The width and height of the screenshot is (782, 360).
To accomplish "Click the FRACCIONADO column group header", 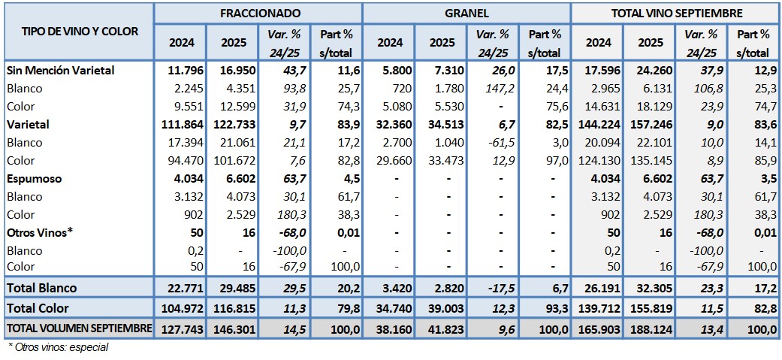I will tap(259, 14).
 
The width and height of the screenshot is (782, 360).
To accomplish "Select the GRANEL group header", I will tap(466, 14).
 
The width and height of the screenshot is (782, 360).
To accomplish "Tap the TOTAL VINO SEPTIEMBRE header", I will tap(676, 14).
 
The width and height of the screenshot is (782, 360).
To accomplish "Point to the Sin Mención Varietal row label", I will tap(60, 70).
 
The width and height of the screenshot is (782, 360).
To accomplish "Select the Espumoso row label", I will tap(35, 179).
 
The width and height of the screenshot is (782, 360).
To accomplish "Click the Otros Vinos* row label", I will tap(39, 232).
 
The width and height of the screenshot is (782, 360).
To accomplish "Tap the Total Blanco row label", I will tap(41, 288).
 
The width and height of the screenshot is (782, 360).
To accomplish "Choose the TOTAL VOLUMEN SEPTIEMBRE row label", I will tap(79, 328).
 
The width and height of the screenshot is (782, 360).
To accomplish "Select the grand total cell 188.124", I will tap(651, 328).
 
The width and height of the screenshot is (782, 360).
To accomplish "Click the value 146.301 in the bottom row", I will tap(237, 328).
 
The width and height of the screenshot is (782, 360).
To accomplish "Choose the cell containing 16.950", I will tap(237, 70).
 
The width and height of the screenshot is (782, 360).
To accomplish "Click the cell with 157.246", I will tap(651, 125).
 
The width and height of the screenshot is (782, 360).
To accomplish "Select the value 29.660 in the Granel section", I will tap(390, 161).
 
